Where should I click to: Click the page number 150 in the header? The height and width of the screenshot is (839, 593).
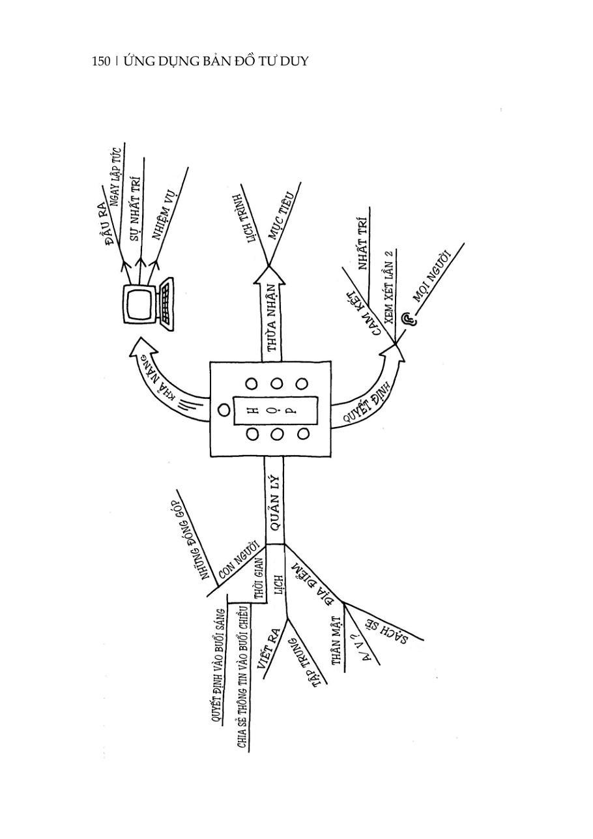101,61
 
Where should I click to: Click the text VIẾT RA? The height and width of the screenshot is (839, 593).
268,649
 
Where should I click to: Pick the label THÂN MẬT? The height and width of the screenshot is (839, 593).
336,640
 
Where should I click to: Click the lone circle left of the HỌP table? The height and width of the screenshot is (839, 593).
224,410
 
